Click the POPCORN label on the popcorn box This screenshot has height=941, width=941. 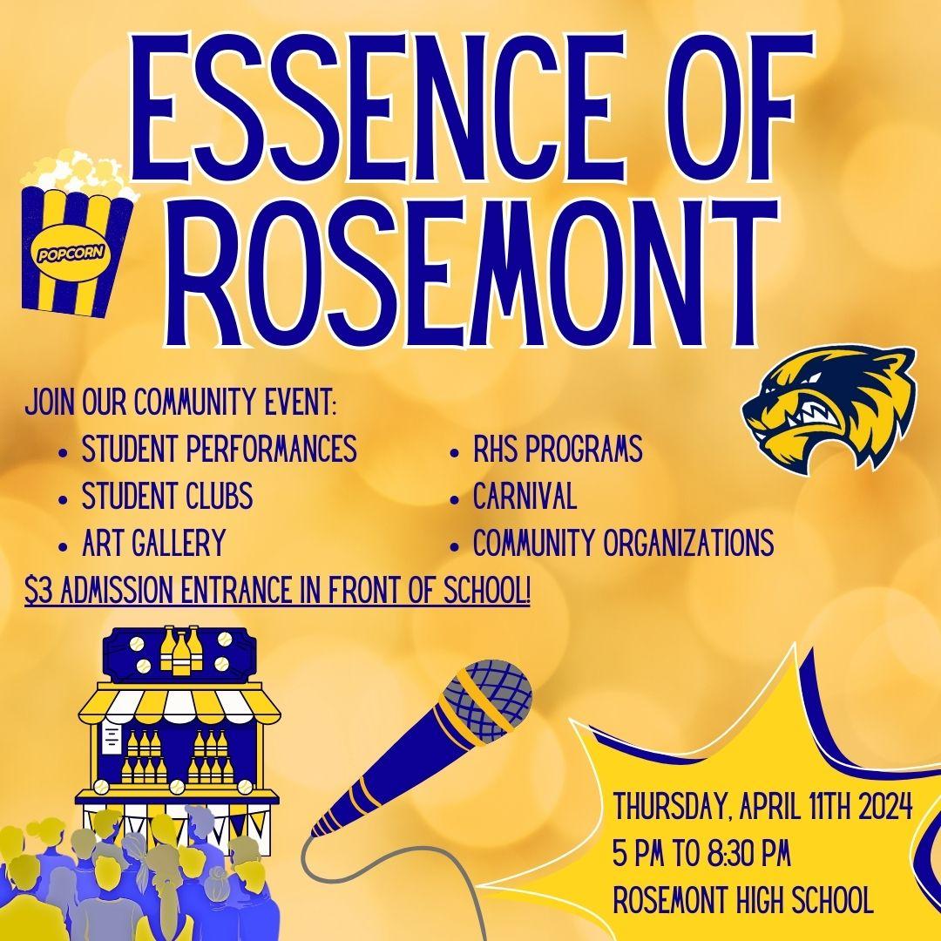[71, 254]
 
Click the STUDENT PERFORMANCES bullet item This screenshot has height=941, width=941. [219, 449]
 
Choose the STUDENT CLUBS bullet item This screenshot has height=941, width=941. [166, 496]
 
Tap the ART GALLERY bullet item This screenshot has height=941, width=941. [153, 543]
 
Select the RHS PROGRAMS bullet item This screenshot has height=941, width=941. [558, 449]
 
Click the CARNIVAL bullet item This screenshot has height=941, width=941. [525, 496]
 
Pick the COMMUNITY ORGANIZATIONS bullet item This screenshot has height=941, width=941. [623, 543]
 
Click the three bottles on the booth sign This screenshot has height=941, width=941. [179, 650]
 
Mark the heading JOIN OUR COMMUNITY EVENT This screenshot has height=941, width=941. [180, 402]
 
